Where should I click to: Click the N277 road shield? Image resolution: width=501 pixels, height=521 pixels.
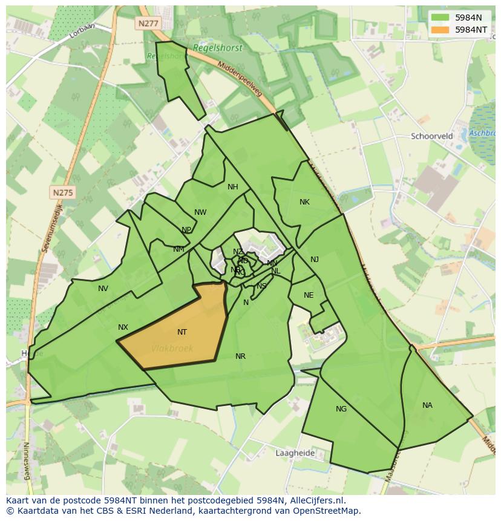click(x=147, y=23)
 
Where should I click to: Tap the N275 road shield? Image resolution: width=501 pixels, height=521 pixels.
click(x=63, y=192)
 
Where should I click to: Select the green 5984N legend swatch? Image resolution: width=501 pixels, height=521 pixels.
click(x=440, y=18)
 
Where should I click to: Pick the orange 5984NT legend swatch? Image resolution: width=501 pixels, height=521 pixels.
click(x=440, y=29)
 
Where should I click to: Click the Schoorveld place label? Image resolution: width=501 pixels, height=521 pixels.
click(x=432, y=136)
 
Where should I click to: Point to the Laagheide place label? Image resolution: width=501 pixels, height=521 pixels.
click(x=295, y=453)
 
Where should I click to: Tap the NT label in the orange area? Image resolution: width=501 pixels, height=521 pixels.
click(x=182, y=332)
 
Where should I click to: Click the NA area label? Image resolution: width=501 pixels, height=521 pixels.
click(x=427, y=405)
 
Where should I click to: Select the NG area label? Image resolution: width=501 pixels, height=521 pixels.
click(x=341, y=409)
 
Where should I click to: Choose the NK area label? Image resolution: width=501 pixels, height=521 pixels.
click(x=304, y=202)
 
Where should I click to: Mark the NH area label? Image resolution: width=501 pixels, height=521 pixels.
click(x=233, y=187)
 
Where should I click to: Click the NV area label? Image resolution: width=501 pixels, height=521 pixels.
click(x=103, y=289)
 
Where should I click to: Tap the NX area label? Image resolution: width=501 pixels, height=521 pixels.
click(x=123, y=327)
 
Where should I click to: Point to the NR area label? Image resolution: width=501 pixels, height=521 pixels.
click(x=240, y=356)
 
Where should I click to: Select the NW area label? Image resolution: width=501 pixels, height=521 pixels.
click(x=200, y=212)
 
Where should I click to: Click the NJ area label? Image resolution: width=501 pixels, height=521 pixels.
click(x=315, y=260)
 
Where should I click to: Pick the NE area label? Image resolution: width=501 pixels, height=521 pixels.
click(x=309, y=295)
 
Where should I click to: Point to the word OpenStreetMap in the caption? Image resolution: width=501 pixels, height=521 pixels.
click(x=327, y=511)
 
